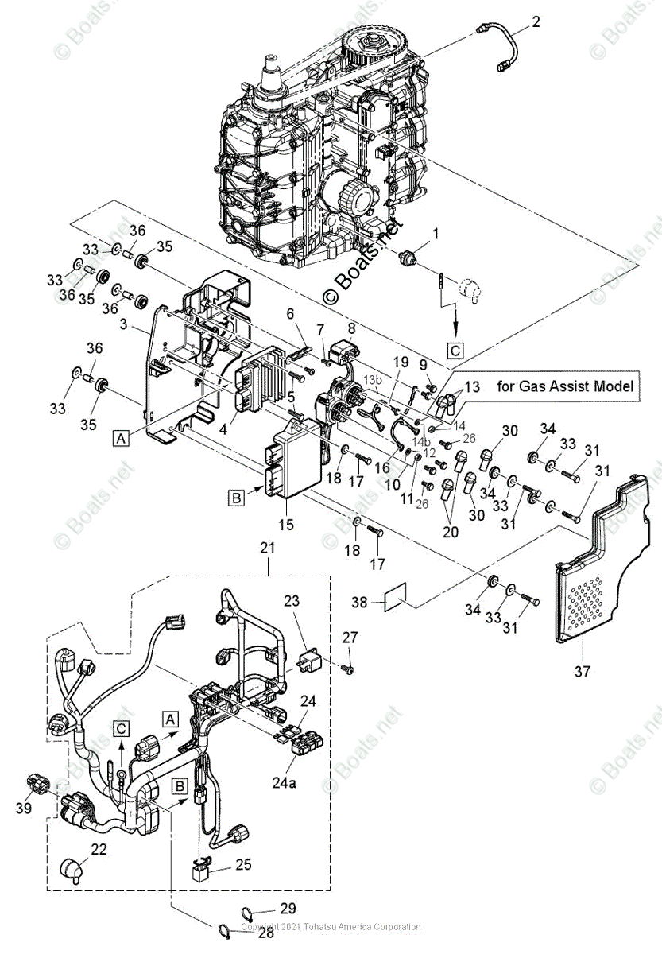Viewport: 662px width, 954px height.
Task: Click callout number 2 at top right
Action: (x=536, y=22)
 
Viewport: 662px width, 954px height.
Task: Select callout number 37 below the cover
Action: (x=583, y=672)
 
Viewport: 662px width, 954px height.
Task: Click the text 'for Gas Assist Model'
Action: (x=567, y=386)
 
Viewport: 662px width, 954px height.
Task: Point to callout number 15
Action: (x=285, y=525)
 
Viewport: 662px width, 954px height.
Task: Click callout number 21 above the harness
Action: (x=267, y=548)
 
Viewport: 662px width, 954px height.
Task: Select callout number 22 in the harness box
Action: (x=99, y=850)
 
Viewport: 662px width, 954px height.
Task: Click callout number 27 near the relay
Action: (x=350, y=637)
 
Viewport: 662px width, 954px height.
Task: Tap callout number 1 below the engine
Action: (x=436, y=233)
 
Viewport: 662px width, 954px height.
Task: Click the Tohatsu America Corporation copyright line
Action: (x=331, y=927)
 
